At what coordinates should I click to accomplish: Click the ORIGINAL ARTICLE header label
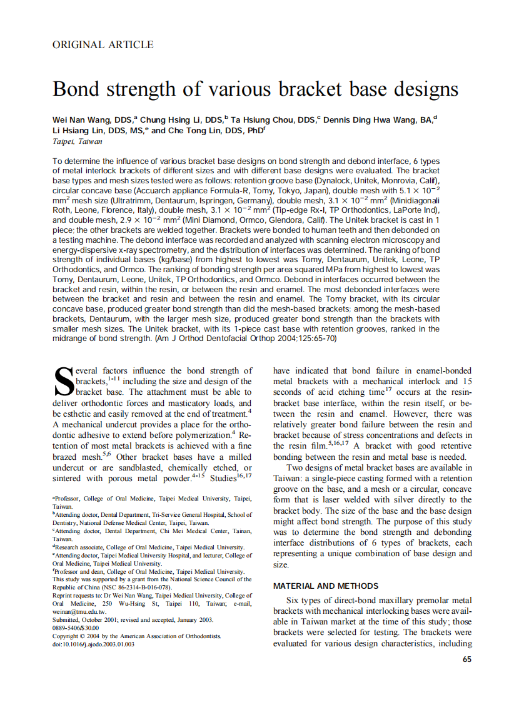tap(103, 45)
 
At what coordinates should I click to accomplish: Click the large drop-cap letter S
tap(64, 383)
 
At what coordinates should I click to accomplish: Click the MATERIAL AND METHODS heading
tap(326, 586)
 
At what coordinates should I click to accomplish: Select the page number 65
tap(467, 659)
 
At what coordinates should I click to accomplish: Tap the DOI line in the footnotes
tap(93, 644)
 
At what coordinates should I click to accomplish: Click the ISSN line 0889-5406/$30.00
tap(76, 628)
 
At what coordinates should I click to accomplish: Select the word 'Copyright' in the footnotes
tap(66, 636)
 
